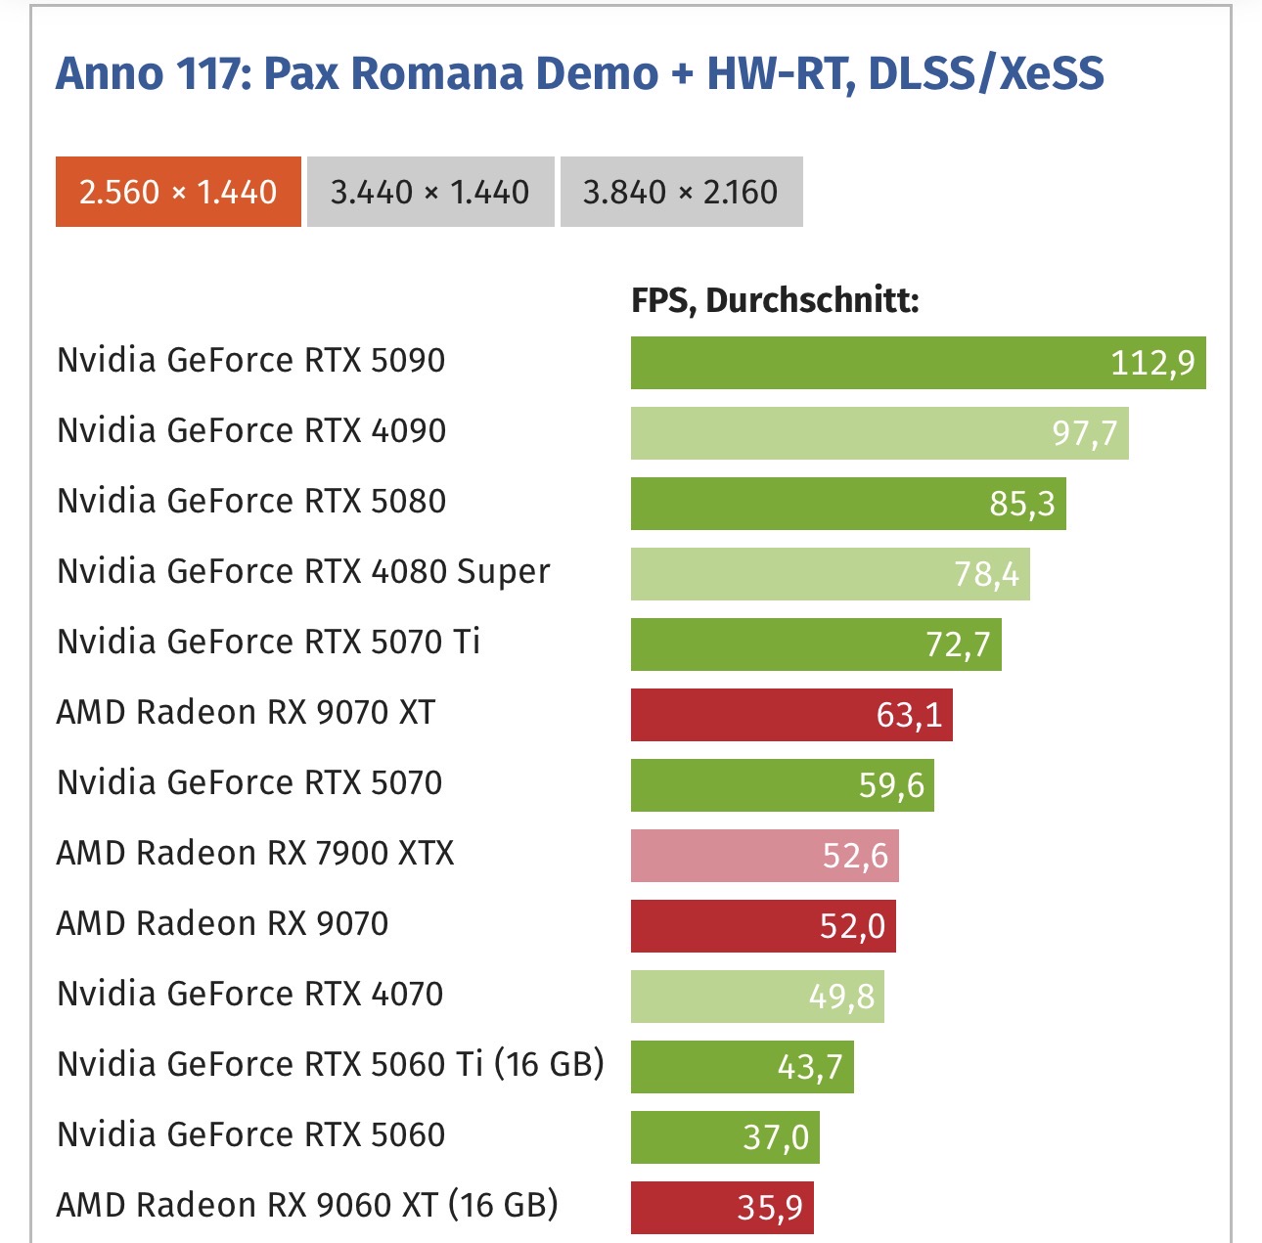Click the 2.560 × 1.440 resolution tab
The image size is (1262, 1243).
tap(178, 192)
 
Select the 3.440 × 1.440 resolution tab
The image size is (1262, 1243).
tap(430, 192)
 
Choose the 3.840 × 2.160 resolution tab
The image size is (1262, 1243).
tap(681, 192)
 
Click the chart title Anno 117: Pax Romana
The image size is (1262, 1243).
tap(579, 73)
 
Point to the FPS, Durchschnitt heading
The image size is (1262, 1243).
tap(775, 300)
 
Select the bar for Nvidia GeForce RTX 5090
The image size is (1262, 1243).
tap(918, 363)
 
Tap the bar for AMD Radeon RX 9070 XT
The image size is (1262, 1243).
tap(790, 715)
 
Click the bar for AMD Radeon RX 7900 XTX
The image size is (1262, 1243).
tap(764, 856)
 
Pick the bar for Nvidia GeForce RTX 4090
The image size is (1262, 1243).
tap(879, 433)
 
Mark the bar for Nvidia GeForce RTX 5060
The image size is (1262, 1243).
tap(724, 1137)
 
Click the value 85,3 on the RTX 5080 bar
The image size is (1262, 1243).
tap(1021, 504)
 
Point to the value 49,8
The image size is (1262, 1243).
tap(841, 997)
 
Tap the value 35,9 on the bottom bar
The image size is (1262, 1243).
tap(770, 1208)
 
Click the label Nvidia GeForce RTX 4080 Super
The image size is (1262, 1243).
tap(303, 571)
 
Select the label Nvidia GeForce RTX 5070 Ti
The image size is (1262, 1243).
tap(269, 642)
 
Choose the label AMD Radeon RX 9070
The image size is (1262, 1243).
tap(222, 923)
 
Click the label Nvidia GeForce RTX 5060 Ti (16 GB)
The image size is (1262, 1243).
tap(331, 1064)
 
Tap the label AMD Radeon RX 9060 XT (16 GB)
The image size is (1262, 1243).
tap(307, 1205)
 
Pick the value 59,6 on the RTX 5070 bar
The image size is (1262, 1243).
tap(891, 785)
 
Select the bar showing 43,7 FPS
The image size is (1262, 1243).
tap(742, 1067)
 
